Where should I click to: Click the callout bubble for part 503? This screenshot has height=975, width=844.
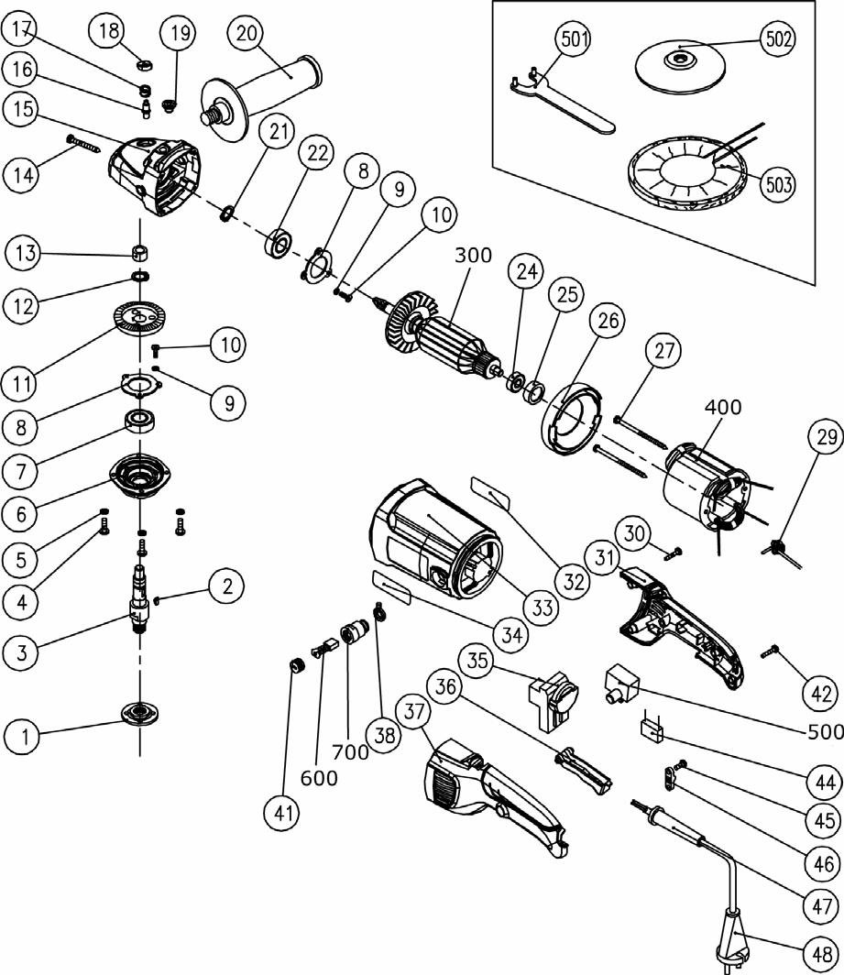pyautogui.click(x=776, y=183)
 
